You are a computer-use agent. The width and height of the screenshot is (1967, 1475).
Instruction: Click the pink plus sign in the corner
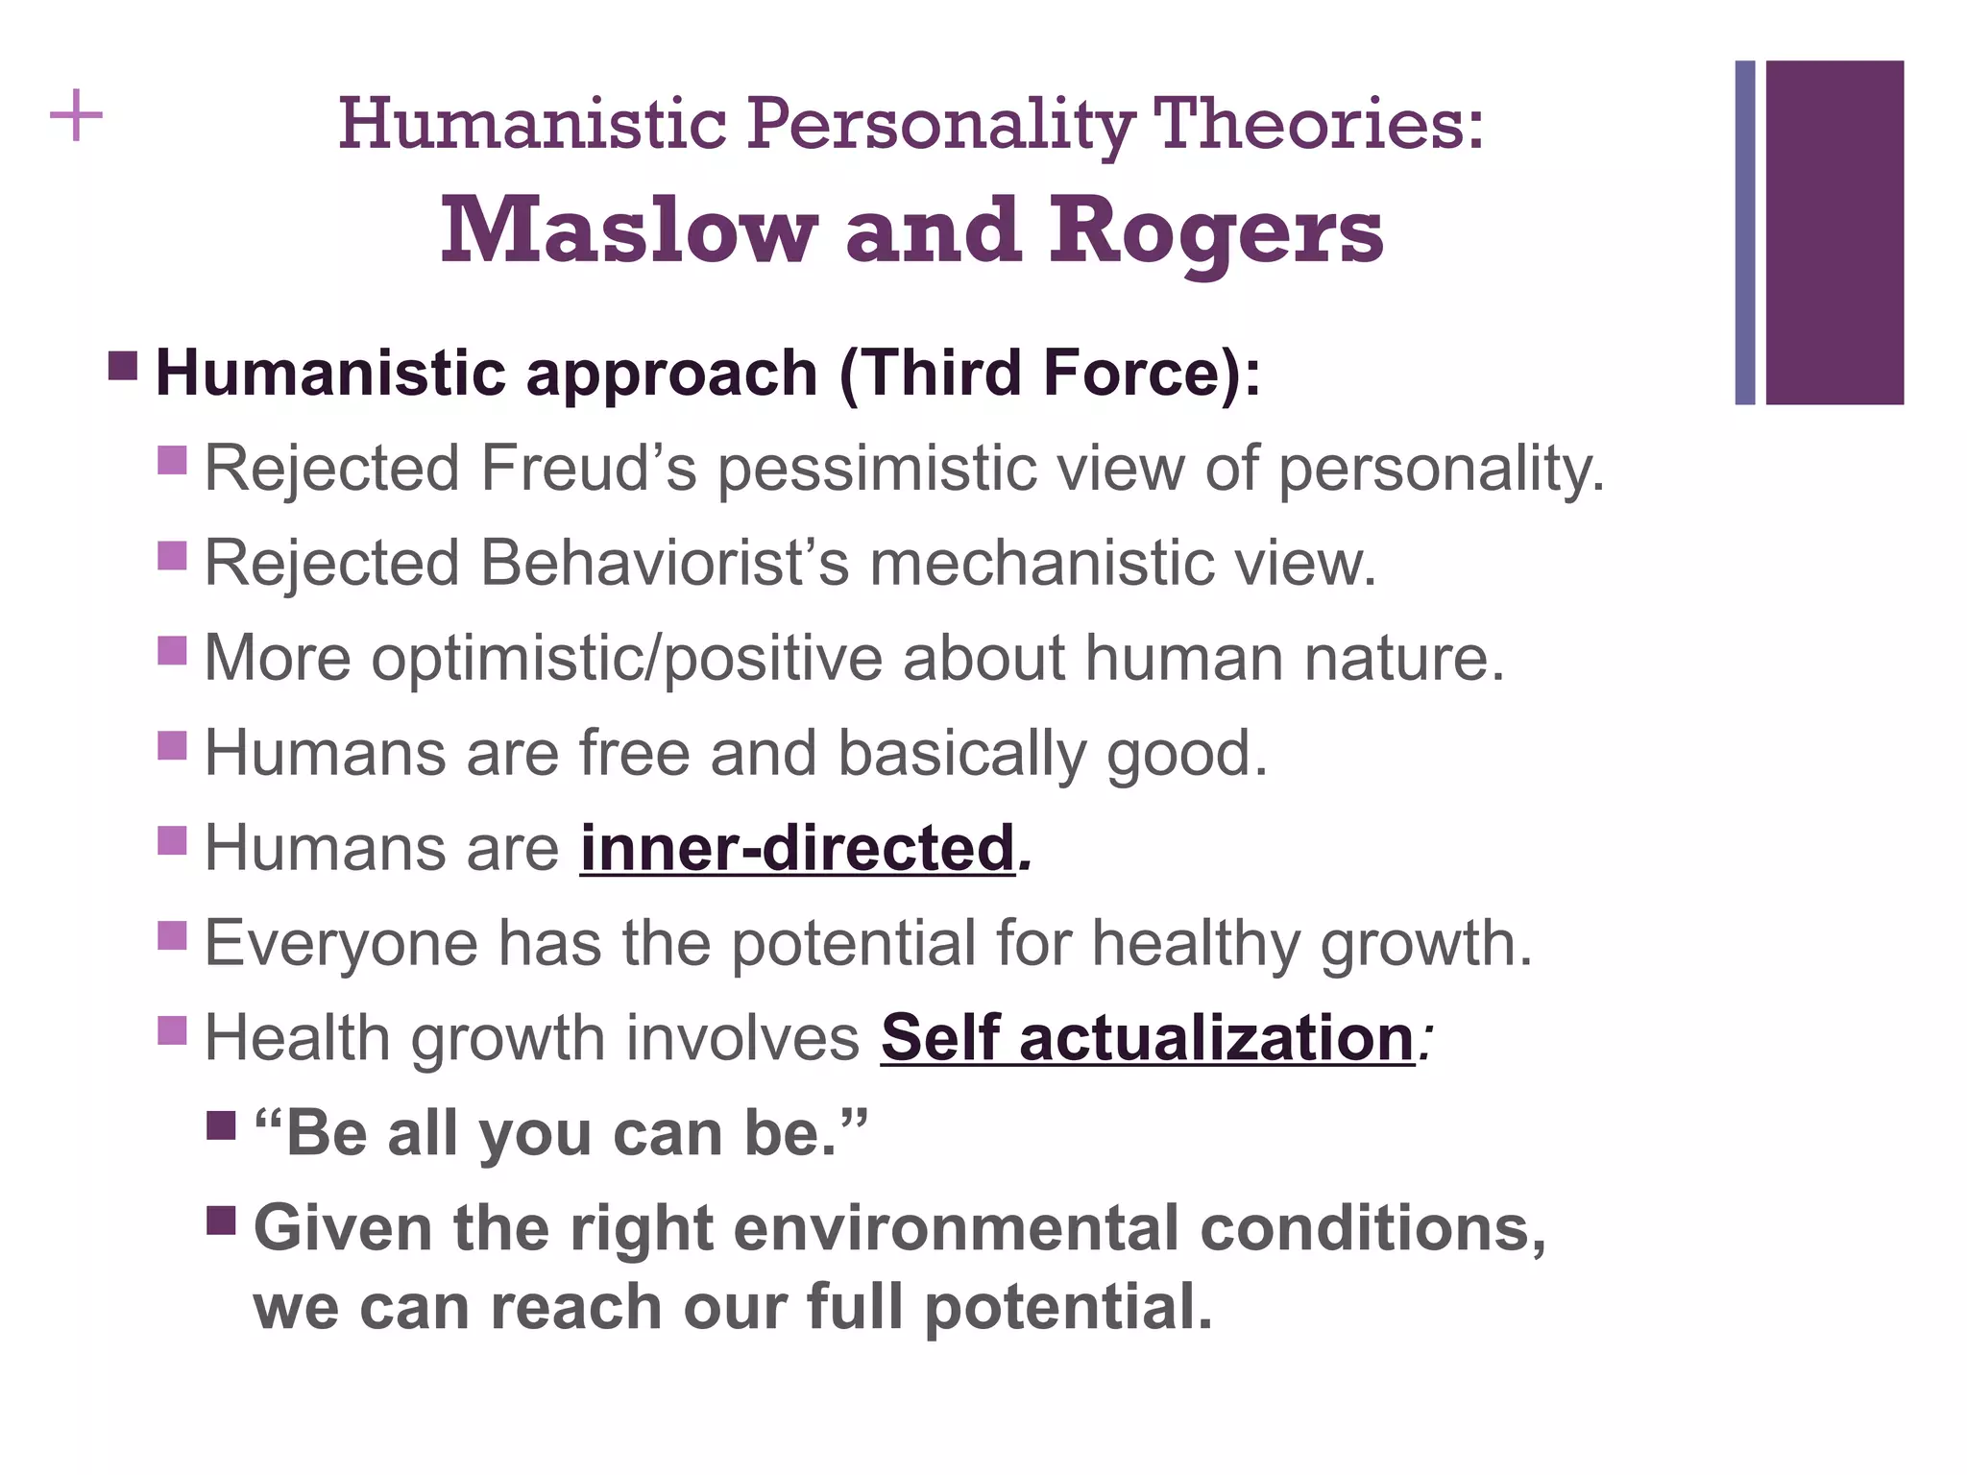76,117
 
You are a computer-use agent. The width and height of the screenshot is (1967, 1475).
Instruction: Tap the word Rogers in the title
1215,232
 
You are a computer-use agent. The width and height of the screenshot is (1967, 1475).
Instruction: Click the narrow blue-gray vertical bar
1744,232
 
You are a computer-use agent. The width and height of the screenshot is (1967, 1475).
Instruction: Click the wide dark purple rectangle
1834,232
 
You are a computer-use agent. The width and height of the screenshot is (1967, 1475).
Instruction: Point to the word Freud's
588,469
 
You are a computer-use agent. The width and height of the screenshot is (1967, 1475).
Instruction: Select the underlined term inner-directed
797,848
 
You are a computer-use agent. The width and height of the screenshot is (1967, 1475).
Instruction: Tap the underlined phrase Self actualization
1147,1038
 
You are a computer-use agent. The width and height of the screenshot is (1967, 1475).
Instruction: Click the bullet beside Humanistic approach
123,366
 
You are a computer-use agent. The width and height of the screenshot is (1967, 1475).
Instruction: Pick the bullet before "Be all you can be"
221,1125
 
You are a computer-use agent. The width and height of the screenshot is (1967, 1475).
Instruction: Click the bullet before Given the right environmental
221,1221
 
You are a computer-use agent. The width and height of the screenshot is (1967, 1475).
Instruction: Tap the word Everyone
341,943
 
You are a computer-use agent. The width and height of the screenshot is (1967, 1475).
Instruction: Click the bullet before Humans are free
172,745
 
